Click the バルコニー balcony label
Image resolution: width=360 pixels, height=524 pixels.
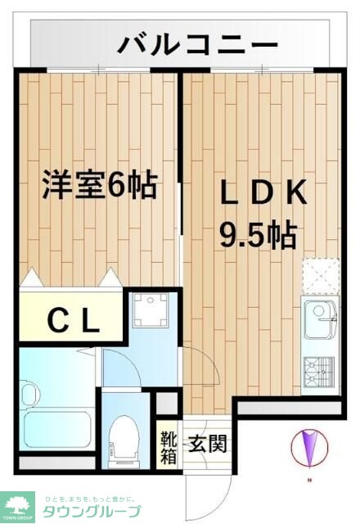pos(197,43)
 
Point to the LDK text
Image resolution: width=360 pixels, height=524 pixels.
pos(262,194)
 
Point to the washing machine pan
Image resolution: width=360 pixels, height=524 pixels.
pos(149,312)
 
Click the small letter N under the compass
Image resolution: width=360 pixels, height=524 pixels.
pos(308,479)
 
